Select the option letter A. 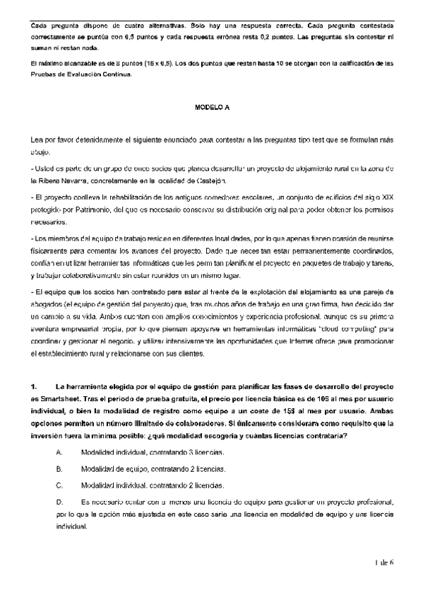pyautogui.click(x=58, y=451)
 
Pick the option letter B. pyautogui.click(x=58, y=468)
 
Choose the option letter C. pyautogui.click(x=58, y=486)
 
